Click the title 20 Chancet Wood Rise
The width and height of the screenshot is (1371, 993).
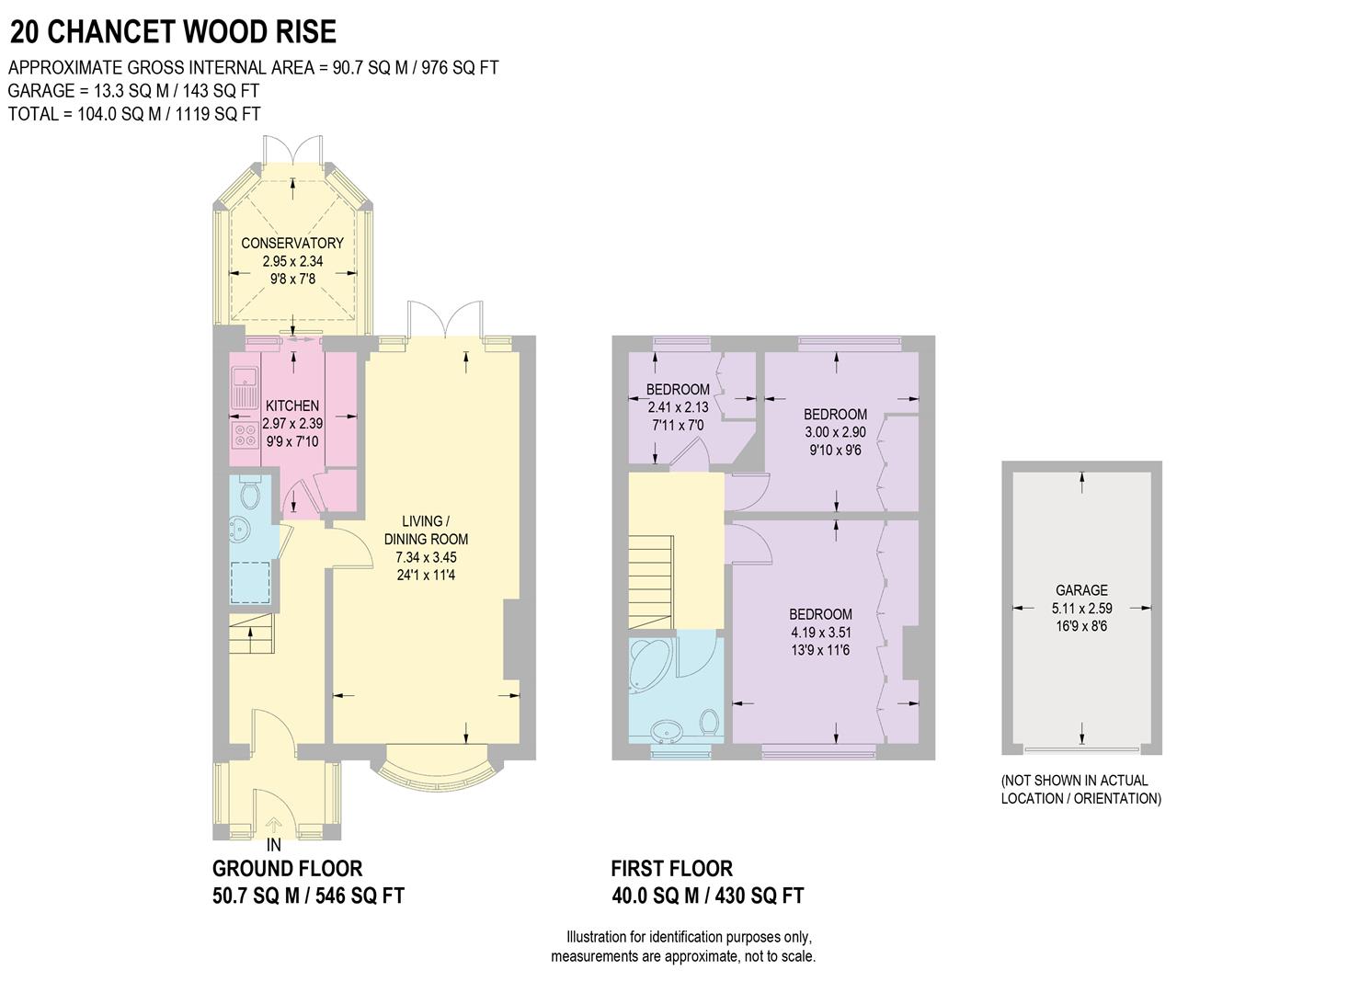(x=173, y=32)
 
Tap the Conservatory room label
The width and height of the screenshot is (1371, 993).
(x=292, y=243)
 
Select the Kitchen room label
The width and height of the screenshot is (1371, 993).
(x=292, y=405)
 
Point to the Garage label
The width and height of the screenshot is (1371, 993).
(x=1081, y=590)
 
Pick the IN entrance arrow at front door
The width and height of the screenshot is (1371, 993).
(x=274, y=828)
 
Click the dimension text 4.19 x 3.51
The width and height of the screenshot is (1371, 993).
(x=820, y=633)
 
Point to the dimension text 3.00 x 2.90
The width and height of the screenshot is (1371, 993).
(x=835, y=432)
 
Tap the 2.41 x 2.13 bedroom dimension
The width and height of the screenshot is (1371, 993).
(x=678, y=407)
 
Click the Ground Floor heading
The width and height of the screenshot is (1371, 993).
(x=287, y=868)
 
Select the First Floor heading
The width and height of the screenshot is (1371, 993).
(x=671, y=868)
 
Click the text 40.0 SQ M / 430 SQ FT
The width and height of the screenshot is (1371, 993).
(x=707, y=896)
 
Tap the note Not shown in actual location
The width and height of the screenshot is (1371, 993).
(x=1080, y=789)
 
